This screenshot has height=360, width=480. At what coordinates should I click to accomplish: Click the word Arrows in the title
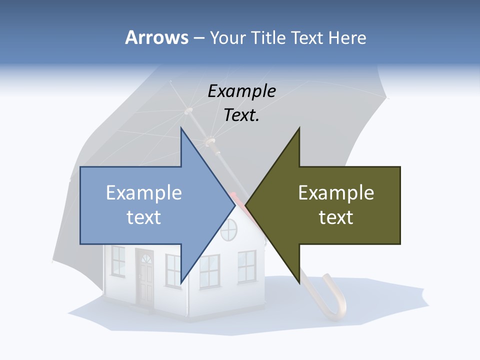tap(156, 37)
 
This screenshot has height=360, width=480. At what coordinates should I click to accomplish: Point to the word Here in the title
tap(347, 38)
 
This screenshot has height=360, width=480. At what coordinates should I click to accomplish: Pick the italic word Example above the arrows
tap(241, 91)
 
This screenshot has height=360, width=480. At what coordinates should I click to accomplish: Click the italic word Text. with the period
tap(241, 115)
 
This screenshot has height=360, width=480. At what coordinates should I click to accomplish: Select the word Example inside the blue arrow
tap(144, 193)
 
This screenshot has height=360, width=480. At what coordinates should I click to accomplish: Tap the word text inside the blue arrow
tap(144, 217)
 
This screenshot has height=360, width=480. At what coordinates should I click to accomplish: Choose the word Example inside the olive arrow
tap(336, 193)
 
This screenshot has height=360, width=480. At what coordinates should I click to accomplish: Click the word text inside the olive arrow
tap(336, 217)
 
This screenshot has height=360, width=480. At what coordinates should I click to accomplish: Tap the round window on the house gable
tap(228, 229)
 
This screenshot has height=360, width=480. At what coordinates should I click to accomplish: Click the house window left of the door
tap(118, 261)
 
